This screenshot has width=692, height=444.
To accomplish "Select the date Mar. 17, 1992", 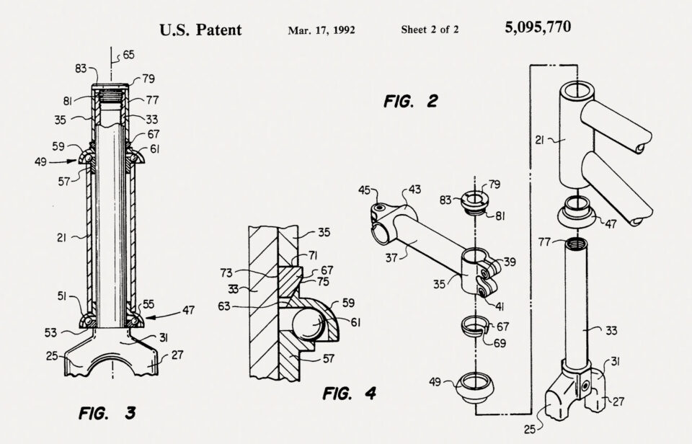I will [321, 30].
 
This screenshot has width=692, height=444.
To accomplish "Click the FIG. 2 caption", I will [410, 100].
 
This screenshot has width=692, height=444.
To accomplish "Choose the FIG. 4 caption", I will [349, 394].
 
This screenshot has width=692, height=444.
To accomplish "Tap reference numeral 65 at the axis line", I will [128, 54].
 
